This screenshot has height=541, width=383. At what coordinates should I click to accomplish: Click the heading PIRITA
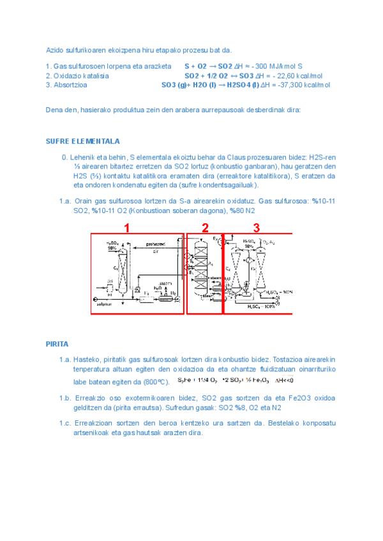tap(57, 344)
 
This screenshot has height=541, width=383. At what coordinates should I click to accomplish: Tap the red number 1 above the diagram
tap(127, 227)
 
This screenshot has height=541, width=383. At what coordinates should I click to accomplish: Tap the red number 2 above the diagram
tap(205, 227)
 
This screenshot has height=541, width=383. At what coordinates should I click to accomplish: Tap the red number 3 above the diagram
tap(256, 227)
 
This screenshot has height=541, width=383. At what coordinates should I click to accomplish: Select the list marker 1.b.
tap(64, 398)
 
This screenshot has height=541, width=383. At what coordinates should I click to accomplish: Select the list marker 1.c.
tap(64, 423)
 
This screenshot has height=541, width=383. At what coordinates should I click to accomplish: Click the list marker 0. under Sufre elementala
tap(64, 158)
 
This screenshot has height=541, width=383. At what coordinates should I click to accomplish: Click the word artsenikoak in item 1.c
tap(93, 433)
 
